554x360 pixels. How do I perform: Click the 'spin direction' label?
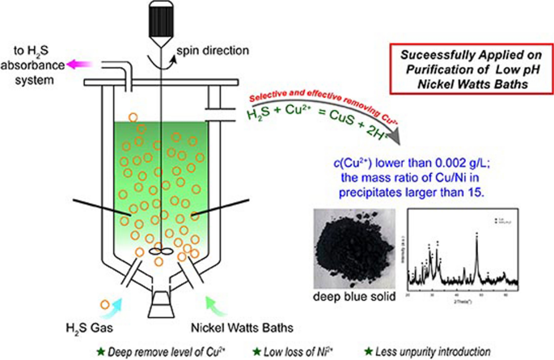point(213,51)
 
